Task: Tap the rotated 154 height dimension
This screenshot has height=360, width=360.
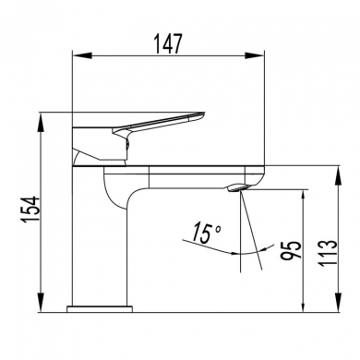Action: click(x=18, y=211)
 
